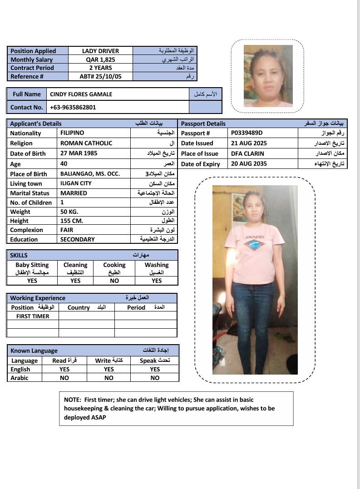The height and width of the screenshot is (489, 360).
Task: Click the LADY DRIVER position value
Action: pos(100,51)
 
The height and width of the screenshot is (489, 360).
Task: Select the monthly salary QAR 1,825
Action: pos(100,59)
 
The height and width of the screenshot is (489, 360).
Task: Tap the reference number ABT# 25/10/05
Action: pos(100,76)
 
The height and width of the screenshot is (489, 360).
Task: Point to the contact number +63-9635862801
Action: pos(73,107)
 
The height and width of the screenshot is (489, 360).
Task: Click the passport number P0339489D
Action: pos(247,133)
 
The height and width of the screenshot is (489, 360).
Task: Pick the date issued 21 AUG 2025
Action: pos(249,143)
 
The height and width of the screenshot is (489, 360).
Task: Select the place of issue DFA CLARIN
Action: pos(247,153)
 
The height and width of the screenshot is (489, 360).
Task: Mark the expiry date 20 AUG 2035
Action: pos(249,163)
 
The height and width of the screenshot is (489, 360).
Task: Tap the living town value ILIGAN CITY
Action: pos(76,183)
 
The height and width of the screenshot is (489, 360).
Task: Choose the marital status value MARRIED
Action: pos(74,193)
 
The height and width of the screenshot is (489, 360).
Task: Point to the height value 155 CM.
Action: pos(72,221)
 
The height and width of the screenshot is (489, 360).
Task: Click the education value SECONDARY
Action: pos(78,239)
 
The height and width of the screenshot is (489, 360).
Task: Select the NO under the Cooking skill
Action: pos(114,281)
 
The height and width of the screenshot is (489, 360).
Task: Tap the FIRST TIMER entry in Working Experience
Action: pos(33,316)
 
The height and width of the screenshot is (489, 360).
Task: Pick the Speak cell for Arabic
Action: pos(155,378)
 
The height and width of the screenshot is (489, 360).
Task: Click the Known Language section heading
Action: pos(34,351)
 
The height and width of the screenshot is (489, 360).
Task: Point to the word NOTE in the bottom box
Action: pos(72,400)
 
